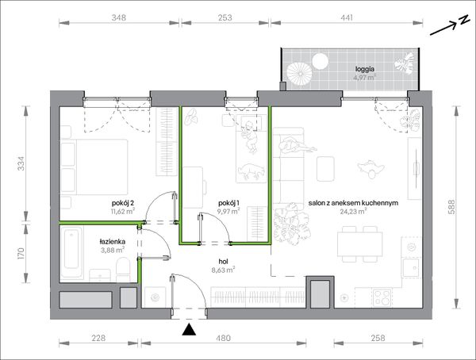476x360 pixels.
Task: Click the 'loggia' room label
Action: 365,70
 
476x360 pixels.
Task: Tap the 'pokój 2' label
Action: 123,202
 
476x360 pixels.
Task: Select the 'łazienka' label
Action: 113,242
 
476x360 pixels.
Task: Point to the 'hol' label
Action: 223,262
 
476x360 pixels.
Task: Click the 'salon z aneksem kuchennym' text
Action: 353,203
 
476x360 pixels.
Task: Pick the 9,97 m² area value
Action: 228,211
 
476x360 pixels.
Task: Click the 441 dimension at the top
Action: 347,17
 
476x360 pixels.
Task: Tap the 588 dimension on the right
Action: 451,207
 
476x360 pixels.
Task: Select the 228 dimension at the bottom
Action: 98,338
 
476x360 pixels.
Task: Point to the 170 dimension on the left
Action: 21,254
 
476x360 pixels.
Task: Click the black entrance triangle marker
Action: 189,330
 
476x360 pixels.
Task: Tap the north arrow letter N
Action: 463,20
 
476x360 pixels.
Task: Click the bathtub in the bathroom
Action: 71,252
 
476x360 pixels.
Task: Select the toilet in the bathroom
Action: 123,269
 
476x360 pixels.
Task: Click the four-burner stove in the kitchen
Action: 382,297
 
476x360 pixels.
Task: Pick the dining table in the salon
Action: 359,244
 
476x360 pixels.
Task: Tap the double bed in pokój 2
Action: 94,167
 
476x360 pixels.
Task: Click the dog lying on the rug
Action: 250,171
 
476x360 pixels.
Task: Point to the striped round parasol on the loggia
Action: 299,74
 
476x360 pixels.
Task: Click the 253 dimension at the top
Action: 225,17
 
